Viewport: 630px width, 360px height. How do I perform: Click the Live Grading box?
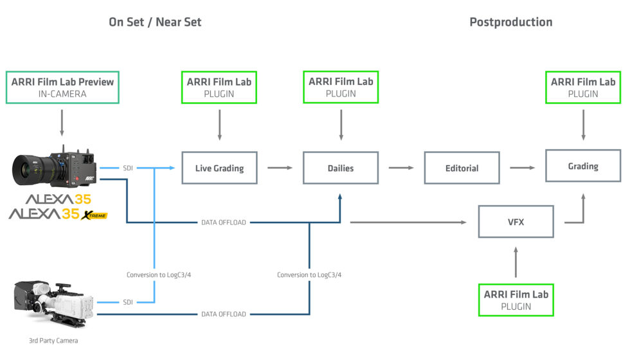[x=219, y=168]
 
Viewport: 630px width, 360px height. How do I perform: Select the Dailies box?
[x=340, y=168]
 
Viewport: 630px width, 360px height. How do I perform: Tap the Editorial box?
[x=462, y=168]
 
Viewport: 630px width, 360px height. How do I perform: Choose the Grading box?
[x=583, y=166]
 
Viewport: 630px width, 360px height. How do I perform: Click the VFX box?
[x=516, y=222]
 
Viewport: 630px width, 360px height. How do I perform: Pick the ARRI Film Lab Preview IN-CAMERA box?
[x=62, y=87]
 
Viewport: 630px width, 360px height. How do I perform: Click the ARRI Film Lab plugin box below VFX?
[x=516, y=300]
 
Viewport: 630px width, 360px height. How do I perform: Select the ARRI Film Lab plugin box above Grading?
[x=583, y=87]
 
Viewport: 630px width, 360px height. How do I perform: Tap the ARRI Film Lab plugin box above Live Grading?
[x=219, y=87]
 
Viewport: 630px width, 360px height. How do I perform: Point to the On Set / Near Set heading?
[x=155, y=22]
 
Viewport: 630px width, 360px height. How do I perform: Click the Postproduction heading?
[x=510, y=22]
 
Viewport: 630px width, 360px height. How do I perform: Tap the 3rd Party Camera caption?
[x=53, y=340]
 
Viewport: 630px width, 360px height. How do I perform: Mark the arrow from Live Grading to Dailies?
[x=280, y=168]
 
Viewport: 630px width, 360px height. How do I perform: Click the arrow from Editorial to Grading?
[x=522, y=168]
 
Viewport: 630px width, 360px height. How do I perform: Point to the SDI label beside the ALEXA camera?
[x=127, y=168]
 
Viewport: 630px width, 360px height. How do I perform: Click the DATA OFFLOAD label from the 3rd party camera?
[x=223, y=314]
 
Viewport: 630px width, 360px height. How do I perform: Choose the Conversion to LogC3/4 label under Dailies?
[x=309, y=274]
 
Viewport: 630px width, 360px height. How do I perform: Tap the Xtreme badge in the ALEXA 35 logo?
[x=94, y=215]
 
